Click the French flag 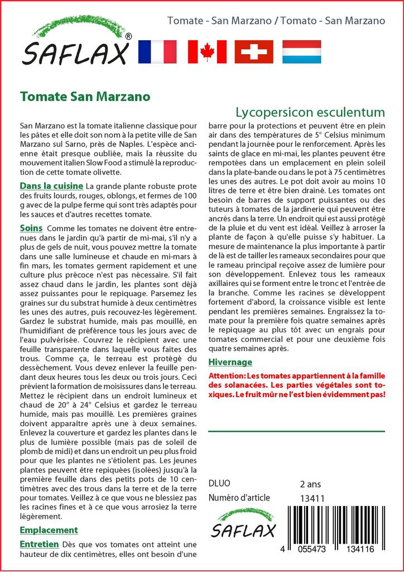157,51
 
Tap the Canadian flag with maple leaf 207,51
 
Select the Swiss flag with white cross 254,51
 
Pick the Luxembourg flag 301,51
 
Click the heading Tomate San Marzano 85,96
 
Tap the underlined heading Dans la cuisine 51,185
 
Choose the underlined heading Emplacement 49,530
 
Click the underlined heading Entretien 39,544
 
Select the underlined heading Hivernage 230,362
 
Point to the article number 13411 312,498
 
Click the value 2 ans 310,484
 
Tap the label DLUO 219,484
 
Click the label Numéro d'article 239,498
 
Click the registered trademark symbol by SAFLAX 129,36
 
